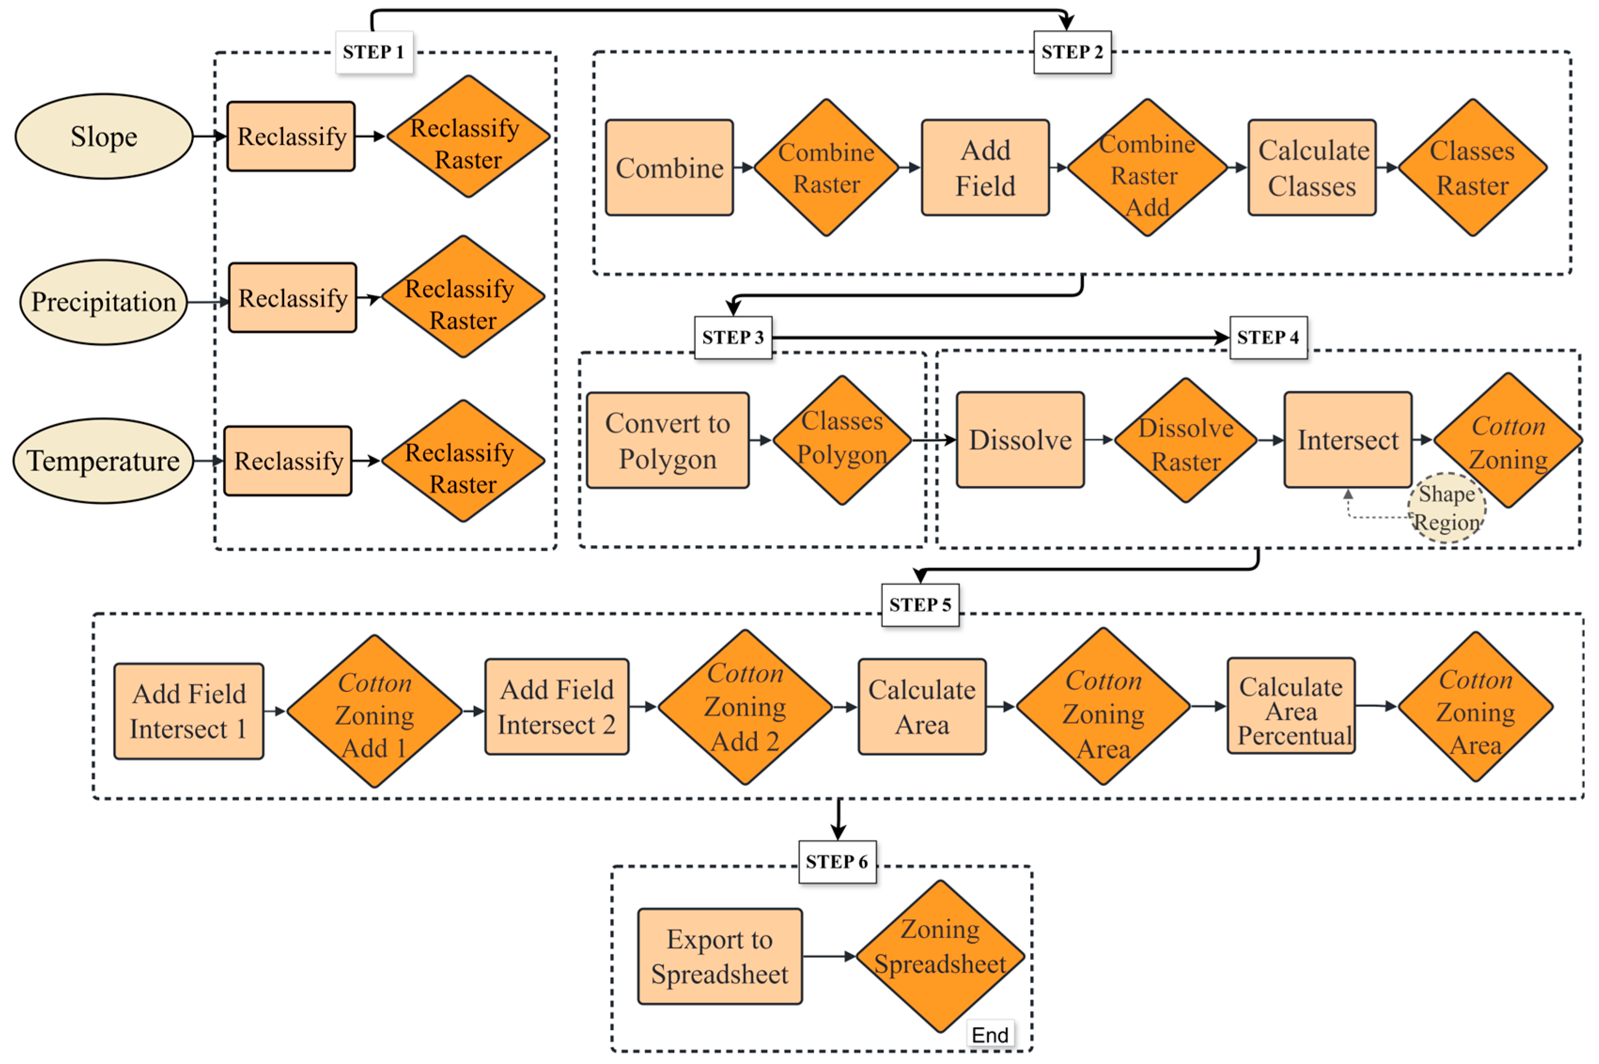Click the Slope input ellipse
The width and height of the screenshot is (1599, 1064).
(104, 136)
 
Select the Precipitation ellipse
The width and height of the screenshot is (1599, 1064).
(104, 302)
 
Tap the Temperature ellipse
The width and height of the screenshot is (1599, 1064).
(104, 461)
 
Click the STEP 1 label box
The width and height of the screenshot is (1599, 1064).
(374, 52)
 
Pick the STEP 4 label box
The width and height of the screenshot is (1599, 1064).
(1268, 337)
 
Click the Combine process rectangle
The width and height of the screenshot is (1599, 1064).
(669, 168)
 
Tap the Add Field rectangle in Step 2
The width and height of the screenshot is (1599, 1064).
(985, 168)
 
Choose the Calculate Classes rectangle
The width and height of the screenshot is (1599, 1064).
(1312, 168)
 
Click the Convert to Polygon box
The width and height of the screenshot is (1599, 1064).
(668, 440)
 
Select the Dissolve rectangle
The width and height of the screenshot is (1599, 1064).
(1020, 440)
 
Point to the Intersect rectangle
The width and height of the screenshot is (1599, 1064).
(1347, 440)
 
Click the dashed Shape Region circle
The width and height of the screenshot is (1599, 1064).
(1446, 507)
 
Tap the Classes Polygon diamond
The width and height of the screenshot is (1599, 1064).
(842, 440)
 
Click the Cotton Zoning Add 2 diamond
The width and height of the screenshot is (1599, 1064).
(745, 707)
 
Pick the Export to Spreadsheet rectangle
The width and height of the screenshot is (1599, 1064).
(720, 956)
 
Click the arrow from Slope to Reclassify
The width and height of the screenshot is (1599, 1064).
(210, 136)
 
